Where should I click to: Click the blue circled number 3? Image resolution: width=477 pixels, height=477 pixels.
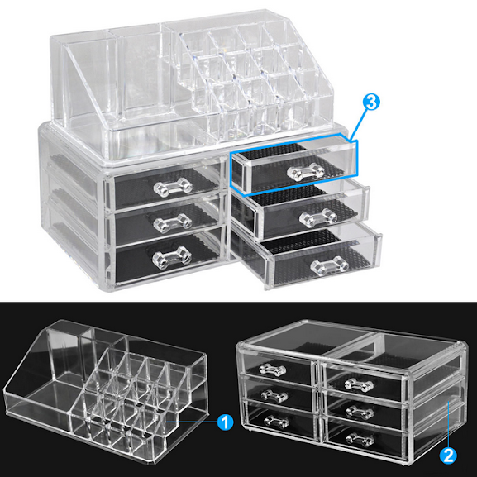(x=371, y=102)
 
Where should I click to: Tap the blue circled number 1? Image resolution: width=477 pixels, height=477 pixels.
(x=225, y=422)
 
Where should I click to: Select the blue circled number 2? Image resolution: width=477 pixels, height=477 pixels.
(x=448, y=456)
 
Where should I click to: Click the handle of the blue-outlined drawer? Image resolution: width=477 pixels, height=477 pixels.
(x=306, y=172)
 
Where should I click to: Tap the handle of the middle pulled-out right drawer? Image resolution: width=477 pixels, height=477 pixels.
(x=318, y=217)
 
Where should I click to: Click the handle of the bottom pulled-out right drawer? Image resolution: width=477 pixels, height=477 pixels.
(x=330, y=266)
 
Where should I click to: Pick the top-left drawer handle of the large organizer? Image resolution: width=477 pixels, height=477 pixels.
(x=173, y=187)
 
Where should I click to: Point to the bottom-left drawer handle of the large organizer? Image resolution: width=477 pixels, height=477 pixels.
(x=172, y=258)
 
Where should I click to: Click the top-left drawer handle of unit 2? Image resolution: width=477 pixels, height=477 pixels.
(x=273, y=370)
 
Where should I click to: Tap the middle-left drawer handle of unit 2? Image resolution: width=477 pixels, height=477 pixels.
(x=274, y=395)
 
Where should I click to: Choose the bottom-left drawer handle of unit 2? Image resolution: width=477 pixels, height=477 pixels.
(x=277, y=422)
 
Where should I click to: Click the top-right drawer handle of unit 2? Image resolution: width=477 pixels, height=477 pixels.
(x=359, y=385)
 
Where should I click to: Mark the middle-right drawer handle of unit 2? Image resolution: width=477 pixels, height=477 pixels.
(x=360, y=413)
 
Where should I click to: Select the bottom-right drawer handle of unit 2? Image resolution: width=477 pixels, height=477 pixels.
(x=360, y=440)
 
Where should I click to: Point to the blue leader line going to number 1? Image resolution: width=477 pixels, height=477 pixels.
(x=192, y=422)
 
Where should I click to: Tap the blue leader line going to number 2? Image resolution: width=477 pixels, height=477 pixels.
(x=448, y=424)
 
